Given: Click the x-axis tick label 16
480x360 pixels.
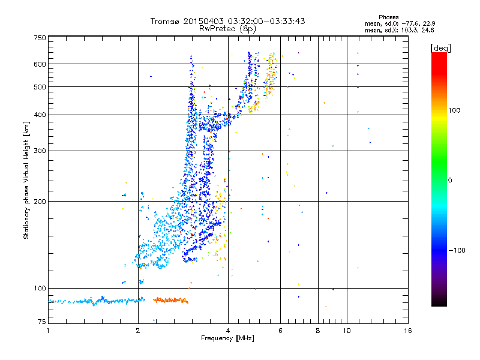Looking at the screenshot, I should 407,331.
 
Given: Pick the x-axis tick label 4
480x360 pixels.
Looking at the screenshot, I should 228,331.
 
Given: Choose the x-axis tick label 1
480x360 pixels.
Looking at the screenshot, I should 48,331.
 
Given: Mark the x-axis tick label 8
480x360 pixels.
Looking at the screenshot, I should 318,331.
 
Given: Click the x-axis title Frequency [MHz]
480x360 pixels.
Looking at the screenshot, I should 227,338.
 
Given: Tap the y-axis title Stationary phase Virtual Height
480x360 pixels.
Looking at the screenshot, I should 26,180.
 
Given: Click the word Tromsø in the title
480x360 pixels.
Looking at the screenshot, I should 166,21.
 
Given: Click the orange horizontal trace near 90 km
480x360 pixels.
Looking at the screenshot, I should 170,300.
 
